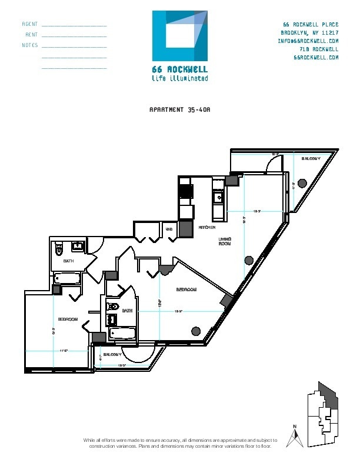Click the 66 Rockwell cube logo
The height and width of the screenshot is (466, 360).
click(x=180, y=37)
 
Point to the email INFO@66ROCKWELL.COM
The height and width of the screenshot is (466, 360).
click(x=308, y=41)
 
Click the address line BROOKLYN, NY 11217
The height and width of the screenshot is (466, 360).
click(x=309, y=32)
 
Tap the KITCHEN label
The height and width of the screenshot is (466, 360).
click(x=206, y=227)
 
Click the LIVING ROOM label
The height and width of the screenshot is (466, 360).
click(x=225, y=241)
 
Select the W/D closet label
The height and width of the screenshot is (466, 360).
click(x=168, y=229)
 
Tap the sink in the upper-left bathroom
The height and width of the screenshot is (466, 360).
click(x=78, y=247)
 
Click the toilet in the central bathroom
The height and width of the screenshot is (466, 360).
click(x=113, y=307)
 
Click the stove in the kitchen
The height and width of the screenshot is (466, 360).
click(x=186, y=192)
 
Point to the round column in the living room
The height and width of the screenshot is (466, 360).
click(x=249, y=260)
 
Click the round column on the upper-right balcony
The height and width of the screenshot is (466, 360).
click(x=302, y=182)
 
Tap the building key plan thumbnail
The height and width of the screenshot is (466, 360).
click(x=325, y=412)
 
